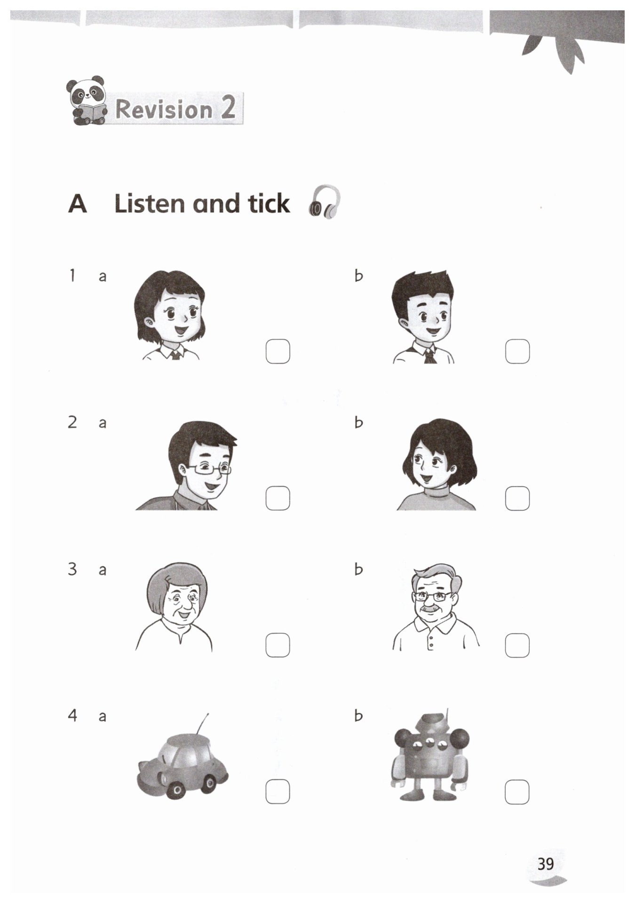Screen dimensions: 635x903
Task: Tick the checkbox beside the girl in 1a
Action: pos(278,351)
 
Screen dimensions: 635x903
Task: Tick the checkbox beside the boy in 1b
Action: pos(517,351)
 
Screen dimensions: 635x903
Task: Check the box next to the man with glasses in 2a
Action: pos(278,498)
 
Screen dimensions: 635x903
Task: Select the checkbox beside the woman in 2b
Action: pos(517,498)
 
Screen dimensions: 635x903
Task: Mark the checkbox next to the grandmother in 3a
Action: pos(278,645)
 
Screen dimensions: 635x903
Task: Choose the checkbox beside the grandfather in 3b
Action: pos(517,645)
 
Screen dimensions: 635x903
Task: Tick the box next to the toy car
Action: pos(278,792)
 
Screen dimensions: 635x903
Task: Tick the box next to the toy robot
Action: pos(517,792)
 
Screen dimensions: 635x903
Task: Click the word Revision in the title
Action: pos(164,109)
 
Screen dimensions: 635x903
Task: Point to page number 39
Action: pos(546,864)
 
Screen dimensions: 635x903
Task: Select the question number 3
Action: pos(72,569)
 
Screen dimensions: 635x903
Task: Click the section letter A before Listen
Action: pos(78,204)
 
